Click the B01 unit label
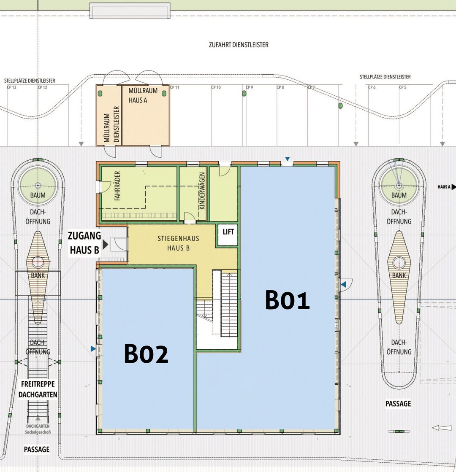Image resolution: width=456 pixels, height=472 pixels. pos(287,300)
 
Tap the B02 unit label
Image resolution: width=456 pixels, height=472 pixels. pos(146,353)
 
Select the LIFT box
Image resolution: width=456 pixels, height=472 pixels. pos(228,235)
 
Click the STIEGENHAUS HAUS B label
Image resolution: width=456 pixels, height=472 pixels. pos(179,243)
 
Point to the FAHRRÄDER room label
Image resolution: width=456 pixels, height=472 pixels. pos(117,186)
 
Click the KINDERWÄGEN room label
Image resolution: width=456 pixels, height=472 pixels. pos(202,191)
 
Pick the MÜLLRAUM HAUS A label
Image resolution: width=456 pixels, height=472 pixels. pos(143,95)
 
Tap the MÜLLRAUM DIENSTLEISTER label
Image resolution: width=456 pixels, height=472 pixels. pos(111,124)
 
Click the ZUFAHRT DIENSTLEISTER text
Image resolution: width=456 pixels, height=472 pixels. pos(239,45)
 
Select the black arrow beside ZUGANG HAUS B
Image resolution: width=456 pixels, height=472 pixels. pos(105,244)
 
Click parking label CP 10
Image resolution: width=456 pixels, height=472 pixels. pos(216,87)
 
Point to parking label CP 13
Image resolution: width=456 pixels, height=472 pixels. pos(12,87)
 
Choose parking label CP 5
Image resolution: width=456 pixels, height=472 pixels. pos(403,87)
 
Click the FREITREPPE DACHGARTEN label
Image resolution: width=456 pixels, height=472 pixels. pos(38,389)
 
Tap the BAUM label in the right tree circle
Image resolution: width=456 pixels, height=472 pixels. pos(399,195)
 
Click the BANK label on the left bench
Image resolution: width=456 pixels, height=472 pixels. pos(38,275)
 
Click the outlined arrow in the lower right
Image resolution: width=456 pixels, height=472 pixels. pos(442,427)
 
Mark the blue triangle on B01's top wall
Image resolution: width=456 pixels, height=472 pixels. pos(287,159)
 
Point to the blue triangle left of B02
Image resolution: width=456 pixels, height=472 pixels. pos(93,348)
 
